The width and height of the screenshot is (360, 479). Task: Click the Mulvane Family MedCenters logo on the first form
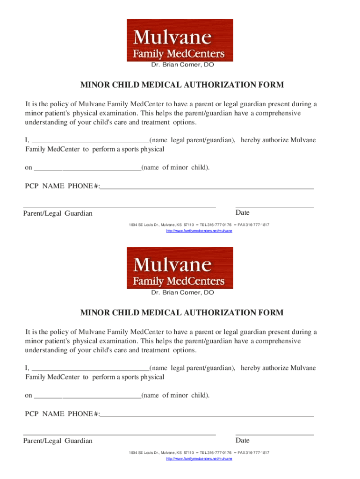(x=180, y=40)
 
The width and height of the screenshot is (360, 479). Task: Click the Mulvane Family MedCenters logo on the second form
(x=180, y=268)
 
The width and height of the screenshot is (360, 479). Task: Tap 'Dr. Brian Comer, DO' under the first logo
(x=182, y=65)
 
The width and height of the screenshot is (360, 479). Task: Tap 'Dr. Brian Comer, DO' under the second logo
(x=182, y=292)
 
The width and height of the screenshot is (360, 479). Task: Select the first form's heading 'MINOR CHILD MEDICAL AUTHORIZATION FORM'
(x=182, y=85)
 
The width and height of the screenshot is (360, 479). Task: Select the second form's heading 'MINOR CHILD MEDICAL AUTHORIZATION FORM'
(x=182, y=312)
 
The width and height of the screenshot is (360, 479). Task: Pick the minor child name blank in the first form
(x=87, y=168)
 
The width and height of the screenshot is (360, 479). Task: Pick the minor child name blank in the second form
(x=87, y=396)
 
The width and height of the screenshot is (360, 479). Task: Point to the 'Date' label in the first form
(x=243, y=213)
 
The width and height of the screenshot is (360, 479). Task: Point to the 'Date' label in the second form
(x=243, y=441)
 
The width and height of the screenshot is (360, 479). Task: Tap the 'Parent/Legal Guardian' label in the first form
(x=58, y=214)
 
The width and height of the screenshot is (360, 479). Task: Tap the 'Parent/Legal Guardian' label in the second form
(x=58, y=441)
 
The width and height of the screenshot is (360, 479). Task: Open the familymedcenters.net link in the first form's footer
(x=199, y=231)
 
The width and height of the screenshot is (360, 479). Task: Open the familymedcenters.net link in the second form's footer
(x=199, y=459)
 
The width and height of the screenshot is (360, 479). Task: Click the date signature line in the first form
(x=274, y=206)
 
